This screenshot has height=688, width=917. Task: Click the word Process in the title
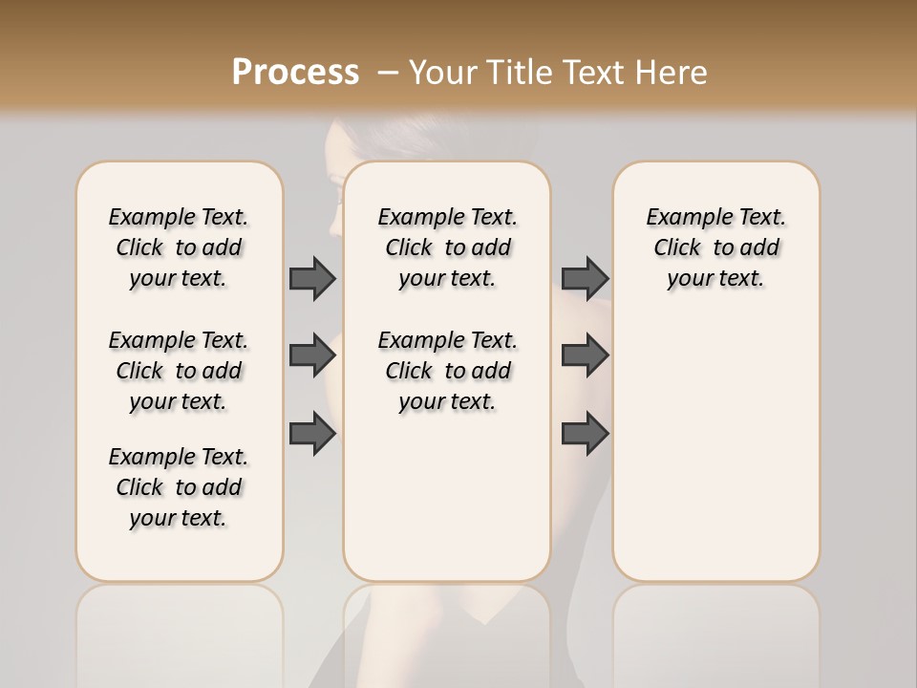point(295,72)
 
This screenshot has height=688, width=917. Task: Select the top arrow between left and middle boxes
point(312,278)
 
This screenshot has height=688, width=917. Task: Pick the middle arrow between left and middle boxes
point(312,355)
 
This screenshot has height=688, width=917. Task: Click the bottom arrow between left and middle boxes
point(312,434)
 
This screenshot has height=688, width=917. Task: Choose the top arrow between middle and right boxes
point(585,278)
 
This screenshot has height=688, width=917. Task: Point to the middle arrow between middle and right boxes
point(585,355)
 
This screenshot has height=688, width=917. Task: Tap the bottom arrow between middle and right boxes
point(585,434)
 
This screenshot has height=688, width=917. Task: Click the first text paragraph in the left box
point(179,247)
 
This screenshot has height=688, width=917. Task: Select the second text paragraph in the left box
point(179,371)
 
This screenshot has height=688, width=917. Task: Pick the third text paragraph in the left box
point(179,487)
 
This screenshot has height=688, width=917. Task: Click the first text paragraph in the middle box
point(447,247)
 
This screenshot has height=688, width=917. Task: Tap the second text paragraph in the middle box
point(447,371)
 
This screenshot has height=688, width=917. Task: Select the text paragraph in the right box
point(715,247)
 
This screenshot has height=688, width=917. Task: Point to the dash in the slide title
point(388,73)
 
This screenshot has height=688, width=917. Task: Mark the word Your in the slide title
point(440,73)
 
